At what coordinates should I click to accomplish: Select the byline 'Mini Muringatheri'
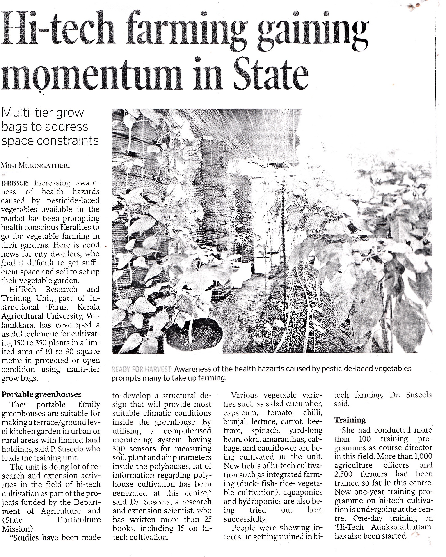pos(35,166)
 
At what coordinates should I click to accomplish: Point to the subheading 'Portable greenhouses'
pos(41,394)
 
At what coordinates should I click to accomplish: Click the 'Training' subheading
pos(350,420)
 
